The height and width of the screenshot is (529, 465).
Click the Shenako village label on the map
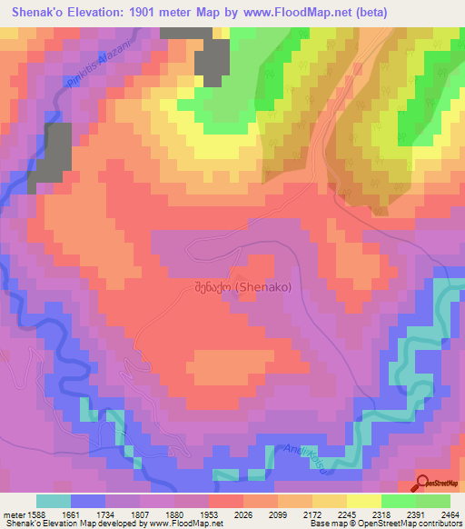click(x=242, y=286)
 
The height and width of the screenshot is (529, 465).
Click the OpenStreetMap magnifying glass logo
click(x=423, y=483)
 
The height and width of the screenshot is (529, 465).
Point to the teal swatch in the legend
click(x=54, y=500)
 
